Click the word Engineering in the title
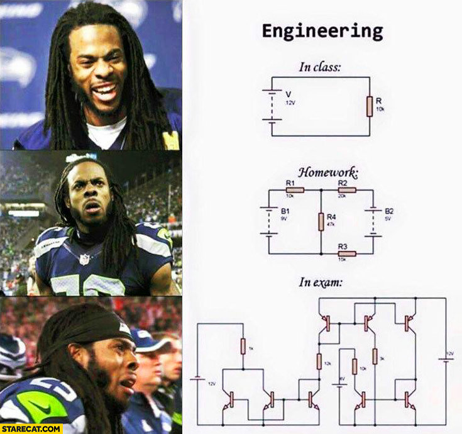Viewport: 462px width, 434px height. tap(322, 31)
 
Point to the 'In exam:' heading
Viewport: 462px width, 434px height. tap(320, 282)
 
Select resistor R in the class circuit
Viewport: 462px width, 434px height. tap(370, 106)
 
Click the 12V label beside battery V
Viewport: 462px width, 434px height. tap(290, 102)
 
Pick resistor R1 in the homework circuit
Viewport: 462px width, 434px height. tap(294, 189)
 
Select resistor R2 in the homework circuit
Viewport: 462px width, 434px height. tap(346, 189)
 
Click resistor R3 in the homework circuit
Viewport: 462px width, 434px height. tap(346, 253)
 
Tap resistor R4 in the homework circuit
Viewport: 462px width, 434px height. tap(321, 221)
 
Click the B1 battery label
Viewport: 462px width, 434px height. tap(285, 212)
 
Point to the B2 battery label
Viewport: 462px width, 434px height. tap(389, 211)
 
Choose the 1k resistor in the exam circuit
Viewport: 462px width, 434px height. tap(243, 346)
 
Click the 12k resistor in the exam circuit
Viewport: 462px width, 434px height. tap(319, 361)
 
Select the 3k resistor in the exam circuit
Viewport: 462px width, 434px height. tap(375, 356)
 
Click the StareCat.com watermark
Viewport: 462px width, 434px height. tap(31, 428)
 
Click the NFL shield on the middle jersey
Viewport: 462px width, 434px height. tap(84, 259)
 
